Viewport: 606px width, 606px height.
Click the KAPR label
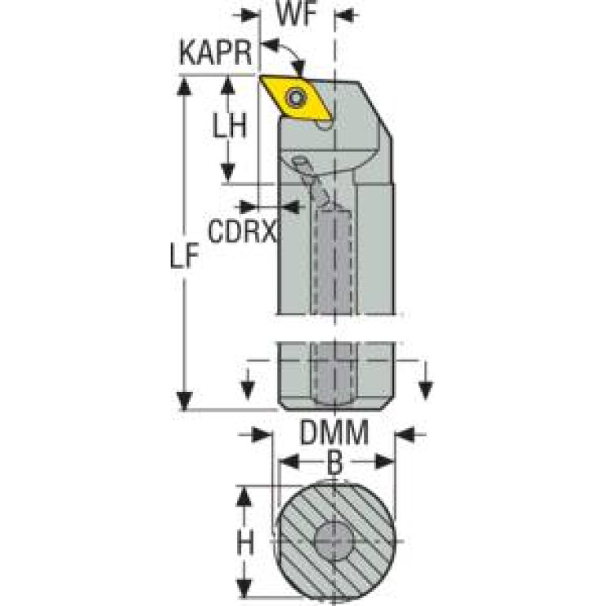tap(215, 55)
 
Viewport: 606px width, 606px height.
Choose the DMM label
tap(334, 434)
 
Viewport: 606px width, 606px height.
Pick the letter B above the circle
tap(334, 464)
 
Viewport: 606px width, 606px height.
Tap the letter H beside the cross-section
tap(246, 543)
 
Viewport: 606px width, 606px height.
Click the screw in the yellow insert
tap(298, 98)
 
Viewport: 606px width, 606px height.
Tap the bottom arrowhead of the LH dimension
tap(228, 174)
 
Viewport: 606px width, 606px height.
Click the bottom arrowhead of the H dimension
tap(246, 591)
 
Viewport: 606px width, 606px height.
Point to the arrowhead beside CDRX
tap(292, 207)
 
